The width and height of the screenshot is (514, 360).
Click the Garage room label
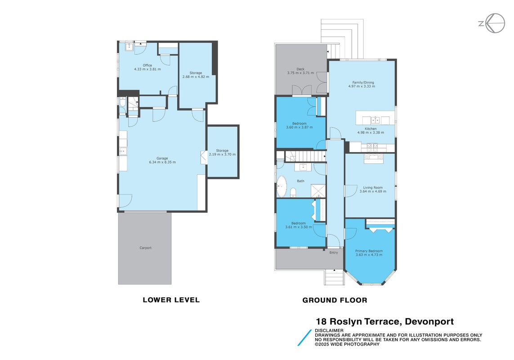pos(162,158)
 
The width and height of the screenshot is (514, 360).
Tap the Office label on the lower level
pos(147,65)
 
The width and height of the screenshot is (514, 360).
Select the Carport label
pos(146,248)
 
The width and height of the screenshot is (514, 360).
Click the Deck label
pos(300,69)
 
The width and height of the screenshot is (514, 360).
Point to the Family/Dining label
pos(363,83)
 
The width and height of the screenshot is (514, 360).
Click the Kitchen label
pos(371,129)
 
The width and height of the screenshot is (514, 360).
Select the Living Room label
pos(373,188)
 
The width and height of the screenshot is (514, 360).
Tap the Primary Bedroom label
pos(369,251)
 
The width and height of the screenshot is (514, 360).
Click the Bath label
pos(300,181)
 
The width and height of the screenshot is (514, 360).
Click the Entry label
pos(334,252)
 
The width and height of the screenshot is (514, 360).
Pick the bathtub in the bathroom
pos(282,186)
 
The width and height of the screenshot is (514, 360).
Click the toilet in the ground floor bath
pos(293,192)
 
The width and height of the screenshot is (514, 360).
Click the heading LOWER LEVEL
pos(171,300)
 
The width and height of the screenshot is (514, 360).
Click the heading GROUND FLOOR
pos(335,300)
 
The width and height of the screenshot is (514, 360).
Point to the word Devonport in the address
pos(429,321)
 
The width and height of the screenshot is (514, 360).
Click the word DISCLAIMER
pos(329,330)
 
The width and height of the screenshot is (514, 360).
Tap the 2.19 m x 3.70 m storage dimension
pos(222,154)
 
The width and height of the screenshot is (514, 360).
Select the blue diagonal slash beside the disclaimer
pos(304,337)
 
